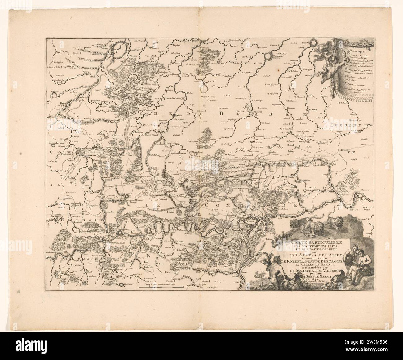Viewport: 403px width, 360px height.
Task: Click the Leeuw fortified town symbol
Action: click(x=308, y=46)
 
